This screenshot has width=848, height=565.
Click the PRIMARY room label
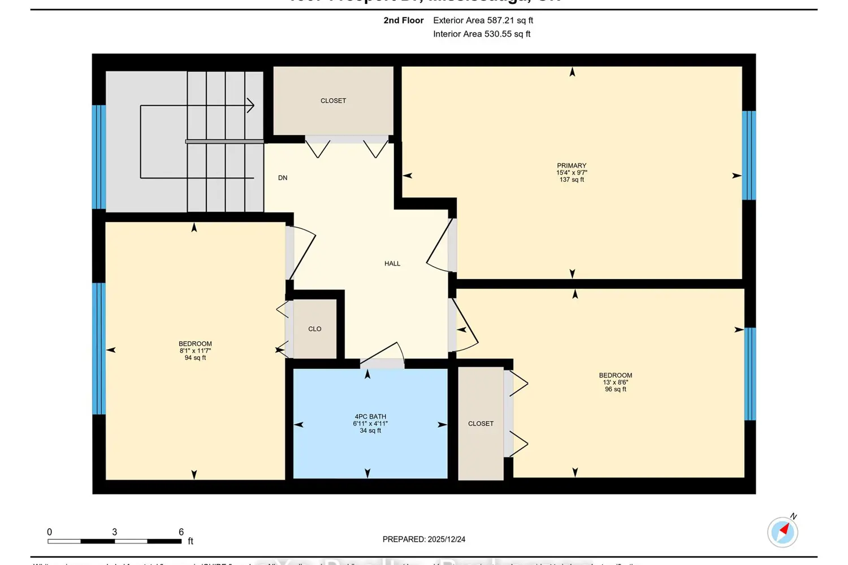click(x=572, y=166)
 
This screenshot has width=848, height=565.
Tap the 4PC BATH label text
click(x=370, y=416)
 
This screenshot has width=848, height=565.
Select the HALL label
click(x=392, y=263)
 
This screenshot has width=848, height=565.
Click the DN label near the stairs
click(x=283, y=177)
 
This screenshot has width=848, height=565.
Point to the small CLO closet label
click(x=315, y=329)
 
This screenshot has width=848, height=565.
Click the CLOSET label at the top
click(x=333, y=101)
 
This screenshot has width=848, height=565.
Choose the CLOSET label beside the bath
click(x=481, y=423)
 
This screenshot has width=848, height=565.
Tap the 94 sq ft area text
click(x=195, y=358)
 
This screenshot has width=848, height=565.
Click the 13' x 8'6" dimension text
click(x=615, y=383)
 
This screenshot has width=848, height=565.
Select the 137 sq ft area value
click(x=572, y=180)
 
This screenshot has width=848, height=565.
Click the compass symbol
click(x=782, y=532)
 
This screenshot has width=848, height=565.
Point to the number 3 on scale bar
click(x=114, y=532)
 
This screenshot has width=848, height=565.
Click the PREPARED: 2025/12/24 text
click(x=423, y=539)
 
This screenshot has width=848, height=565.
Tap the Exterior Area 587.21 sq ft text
click(x=483, y=20)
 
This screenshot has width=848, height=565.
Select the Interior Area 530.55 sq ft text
click(x=482, y=34)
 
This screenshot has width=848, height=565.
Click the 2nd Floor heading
click(x=403, y=20)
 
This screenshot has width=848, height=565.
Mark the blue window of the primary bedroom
click(x=749, y=155)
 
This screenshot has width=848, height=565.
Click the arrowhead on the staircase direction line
click(x=250, y=105)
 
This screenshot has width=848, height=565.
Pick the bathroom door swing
click(x=383, y=354)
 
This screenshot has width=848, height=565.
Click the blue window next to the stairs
click(x=99, y=157)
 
